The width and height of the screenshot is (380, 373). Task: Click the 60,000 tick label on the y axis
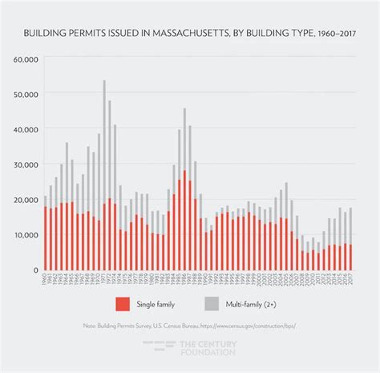click(x=28, y=59)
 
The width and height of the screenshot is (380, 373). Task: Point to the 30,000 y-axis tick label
click(x=28, y=164)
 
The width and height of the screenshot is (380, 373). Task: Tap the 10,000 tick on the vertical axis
click(x=28, y=235)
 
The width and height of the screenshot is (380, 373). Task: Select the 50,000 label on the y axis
click(x=28, y=94)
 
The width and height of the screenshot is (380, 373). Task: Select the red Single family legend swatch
click(x=123, y=304)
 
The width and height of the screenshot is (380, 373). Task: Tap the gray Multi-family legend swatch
click(x=212, y=304)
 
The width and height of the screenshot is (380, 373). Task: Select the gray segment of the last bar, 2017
click(x=350, y=225)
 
